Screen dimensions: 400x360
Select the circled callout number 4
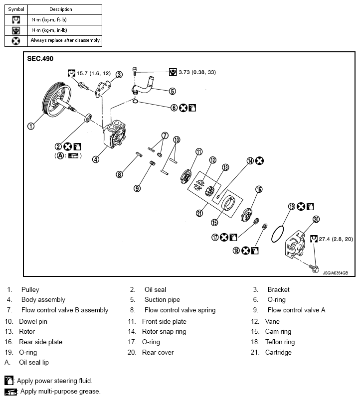tap(95, 159)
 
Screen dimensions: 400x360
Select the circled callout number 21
tap(199, 213)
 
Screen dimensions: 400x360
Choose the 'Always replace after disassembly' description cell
tap(65, 40)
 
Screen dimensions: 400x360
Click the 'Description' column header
tap(61, 9)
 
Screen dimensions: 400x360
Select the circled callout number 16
tap(259, 189)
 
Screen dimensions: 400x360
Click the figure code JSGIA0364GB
tap(335, 272)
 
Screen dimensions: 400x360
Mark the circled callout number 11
tap(199, 152)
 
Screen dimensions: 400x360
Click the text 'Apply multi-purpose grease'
tap(60, 391)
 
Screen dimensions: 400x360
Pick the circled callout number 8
tap(119, 174)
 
